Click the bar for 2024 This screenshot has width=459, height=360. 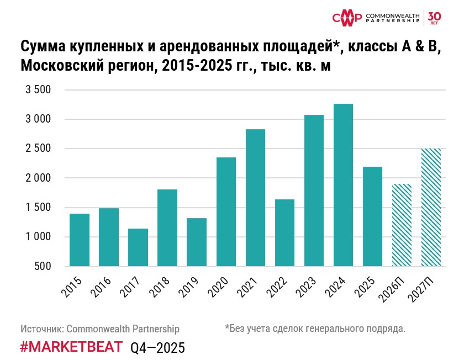343,185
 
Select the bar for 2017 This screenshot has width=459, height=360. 138,247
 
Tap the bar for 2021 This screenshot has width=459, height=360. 255,198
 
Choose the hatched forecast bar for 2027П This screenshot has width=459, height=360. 431,207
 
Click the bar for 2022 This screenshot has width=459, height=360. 284,232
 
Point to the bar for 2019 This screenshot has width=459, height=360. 197,242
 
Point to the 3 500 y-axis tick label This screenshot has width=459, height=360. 38,90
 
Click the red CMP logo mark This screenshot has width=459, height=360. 347,18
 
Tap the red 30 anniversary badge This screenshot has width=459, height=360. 434,17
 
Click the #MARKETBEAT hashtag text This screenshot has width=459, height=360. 72,347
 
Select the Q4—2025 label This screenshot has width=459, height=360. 157,347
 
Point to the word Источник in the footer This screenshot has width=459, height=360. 42,329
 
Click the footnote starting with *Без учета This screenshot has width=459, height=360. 315,329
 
